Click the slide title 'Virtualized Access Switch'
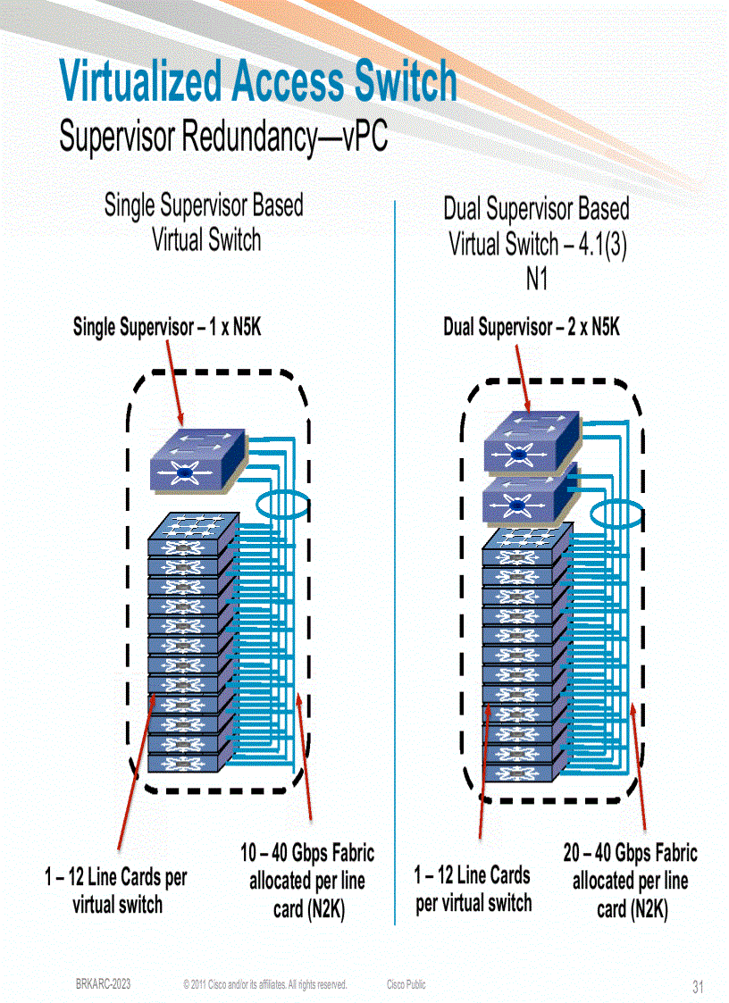[x=257, y=81]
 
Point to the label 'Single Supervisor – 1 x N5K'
[x=166, y=328]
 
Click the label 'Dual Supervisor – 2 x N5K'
[x=532, y=328]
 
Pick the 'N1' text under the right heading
[x=536, y=280]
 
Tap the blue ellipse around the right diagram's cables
[x=616, y=514]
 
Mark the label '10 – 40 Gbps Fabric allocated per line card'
[x=307, y=881]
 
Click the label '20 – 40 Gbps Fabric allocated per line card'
[x=630, y=881]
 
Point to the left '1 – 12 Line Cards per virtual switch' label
[x=117, y=890]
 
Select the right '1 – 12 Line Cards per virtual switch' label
[x=473, y=889]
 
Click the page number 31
[x=698, y=987]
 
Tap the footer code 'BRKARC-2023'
[x=103, y=984]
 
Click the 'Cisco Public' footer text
[x=406, y=984]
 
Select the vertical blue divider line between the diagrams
[x=394, y=563]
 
